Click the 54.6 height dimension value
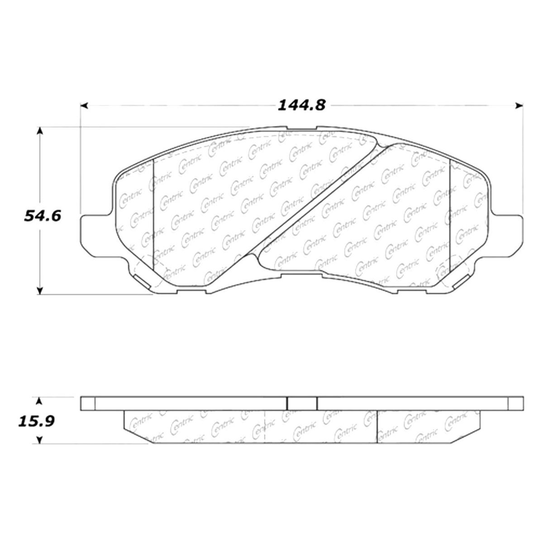click(43, 216)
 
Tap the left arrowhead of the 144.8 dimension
click(85, 106)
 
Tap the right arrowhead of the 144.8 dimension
click(519, 106)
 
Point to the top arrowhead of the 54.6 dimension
click(40, 131)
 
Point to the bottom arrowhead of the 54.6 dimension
click(40, 291)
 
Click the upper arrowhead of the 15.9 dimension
click(40, 401)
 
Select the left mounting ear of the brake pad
click(97, 236)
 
